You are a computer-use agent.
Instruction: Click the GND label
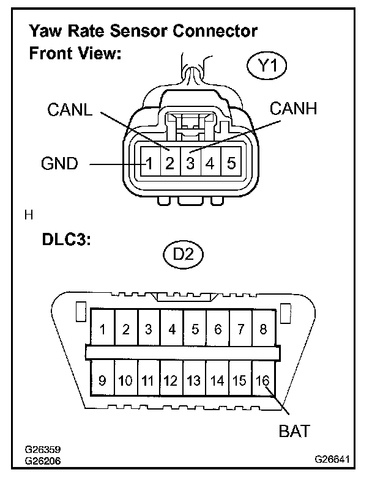(x=59, y=164)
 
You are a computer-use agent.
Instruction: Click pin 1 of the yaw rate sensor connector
(x=149, y=164)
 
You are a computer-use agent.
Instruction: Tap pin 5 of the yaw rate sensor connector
(x=231, y=164)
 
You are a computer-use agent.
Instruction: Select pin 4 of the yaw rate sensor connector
(x=210, y=164)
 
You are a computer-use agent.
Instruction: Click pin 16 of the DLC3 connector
(x=263, y=381)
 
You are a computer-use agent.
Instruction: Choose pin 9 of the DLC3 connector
(x=102, y=381)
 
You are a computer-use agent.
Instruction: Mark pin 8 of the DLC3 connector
(x=264, y=329)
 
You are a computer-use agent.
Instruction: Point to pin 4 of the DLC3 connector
(x=171, y=329)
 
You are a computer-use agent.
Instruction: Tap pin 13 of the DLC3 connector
(x=194, y=381)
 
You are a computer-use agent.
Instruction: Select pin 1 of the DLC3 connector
(x=102, y=329)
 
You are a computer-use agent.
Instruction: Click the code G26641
(x=333, y=457)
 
